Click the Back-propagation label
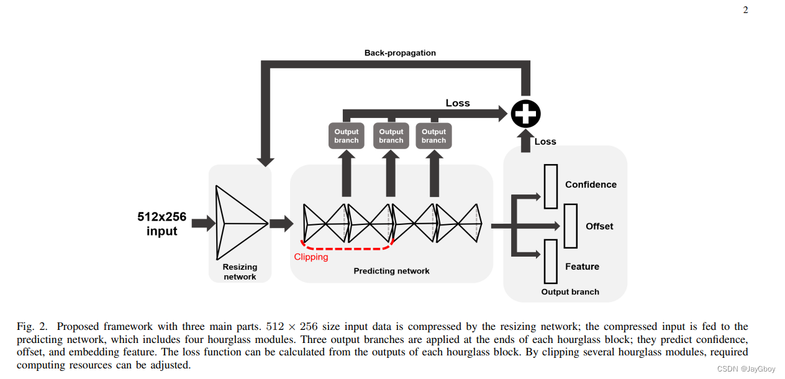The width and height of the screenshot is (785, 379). click(x=400, y=53)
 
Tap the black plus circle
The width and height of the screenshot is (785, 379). click(x=525, y=114)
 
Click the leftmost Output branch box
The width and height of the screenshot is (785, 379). click(x=347, y=136)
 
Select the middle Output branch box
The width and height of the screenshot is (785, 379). click(x=391, y=136)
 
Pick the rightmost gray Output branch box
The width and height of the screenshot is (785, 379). click(x=433, y=136)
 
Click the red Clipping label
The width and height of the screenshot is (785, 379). click(x=311, y=257)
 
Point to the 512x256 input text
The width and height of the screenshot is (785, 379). click(x=162, y=224)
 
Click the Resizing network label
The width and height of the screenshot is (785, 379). click(x=240, y=272)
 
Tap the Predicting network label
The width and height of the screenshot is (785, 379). click(x=391, y=271)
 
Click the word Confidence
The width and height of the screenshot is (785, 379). click(x=591, y=185)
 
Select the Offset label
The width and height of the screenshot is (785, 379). click(x=599, y=226)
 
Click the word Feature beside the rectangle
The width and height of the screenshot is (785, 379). click(x=582, y=267)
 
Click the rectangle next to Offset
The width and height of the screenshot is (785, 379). click(x=571, y=226)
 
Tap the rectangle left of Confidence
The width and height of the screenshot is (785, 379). click(x=550, y=186)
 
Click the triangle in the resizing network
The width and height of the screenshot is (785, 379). click(x=240, y=223)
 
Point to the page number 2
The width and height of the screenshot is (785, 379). click(x=745, y=9)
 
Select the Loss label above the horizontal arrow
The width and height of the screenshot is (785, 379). click(x=458, y=103)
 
